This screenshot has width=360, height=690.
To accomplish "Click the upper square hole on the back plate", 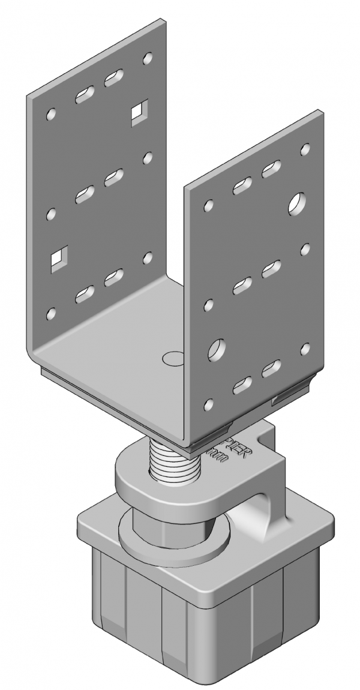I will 139,113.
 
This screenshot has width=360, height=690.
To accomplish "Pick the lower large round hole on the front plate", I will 217,350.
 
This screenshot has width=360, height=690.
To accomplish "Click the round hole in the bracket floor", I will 172,359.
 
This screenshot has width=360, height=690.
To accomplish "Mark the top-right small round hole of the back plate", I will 148,59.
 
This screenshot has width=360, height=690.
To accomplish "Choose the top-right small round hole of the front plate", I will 305,148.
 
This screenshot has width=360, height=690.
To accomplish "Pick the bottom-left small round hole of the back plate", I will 52,313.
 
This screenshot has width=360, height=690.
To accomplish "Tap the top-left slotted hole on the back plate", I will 85,95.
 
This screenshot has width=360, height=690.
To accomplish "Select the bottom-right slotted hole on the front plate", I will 272,368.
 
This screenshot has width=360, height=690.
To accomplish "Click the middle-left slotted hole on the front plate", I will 242,286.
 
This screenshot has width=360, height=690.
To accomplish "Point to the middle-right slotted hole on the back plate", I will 113,178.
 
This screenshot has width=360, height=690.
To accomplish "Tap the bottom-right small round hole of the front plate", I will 305,348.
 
